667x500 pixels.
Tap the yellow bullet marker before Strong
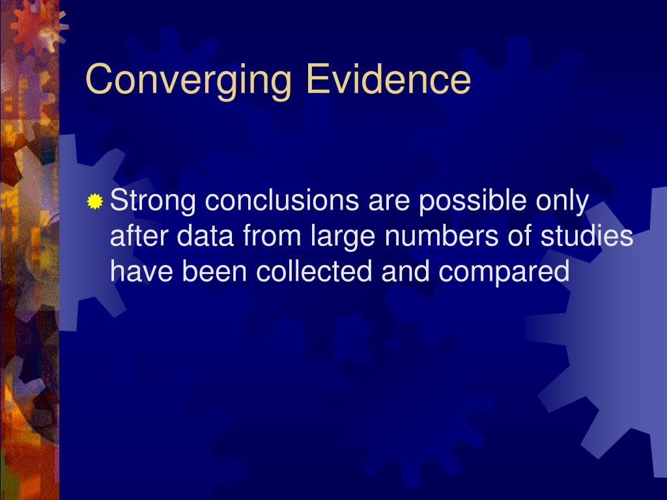[95, 202]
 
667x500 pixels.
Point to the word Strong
[153, 202]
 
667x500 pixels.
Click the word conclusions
[282, 202]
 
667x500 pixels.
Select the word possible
[474, 202]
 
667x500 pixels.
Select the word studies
[587, 237]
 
